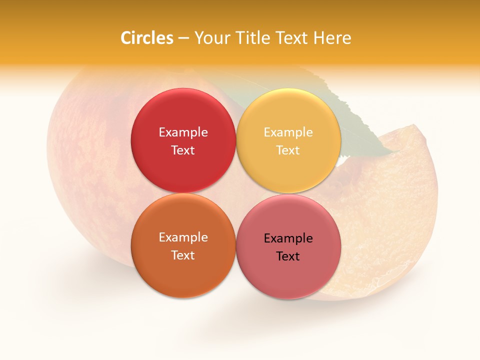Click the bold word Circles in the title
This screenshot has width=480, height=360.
tap(147, 38)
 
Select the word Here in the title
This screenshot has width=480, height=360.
tap(331, 38)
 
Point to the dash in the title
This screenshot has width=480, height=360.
tap(183, 38)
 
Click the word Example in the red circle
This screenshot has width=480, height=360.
tap(183, 132)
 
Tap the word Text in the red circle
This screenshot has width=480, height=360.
tap(183, 150)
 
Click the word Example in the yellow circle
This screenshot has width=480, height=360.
tap(288, 132)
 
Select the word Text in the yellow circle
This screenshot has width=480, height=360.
tap(288, 150)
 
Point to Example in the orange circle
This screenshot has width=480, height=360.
tap(183, 237)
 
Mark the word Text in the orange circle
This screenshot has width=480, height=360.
tap(183, 255)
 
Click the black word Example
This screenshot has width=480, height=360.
tap(288, 238)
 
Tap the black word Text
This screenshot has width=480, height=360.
tap(288, 256)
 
